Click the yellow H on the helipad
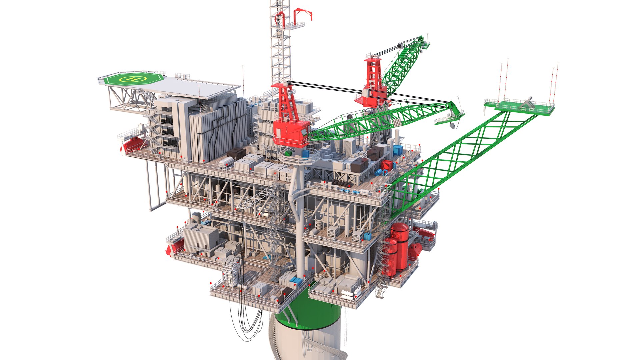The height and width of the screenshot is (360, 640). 134,79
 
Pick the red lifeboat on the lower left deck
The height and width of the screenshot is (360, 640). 176,247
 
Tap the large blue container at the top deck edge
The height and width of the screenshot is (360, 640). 398,150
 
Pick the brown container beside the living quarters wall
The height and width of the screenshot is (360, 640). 236,153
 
